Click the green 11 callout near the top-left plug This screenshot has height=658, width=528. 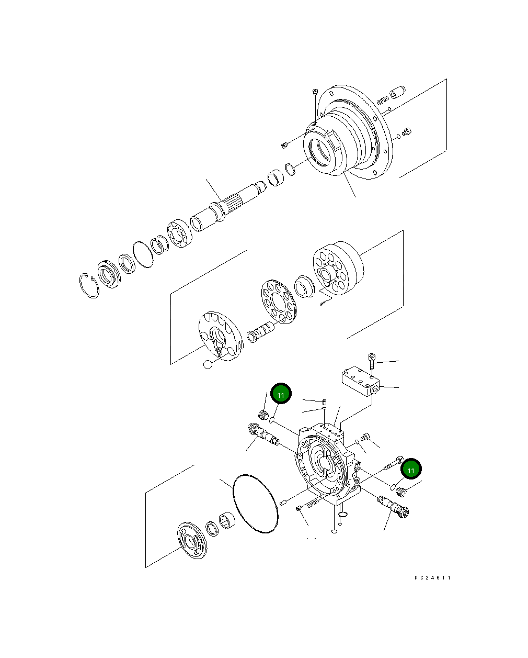pyautogui.click(x=281, y=394)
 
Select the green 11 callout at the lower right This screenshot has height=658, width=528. pyautogui.click(x=411, y=470)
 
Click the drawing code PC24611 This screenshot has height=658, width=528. pyautogui.click(x=432, y=578)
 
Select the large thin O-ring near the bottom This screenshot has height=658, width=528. pyautogui.click(x=255, y=504)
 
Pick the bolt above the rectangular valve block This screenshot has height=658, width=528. pyautogui.click(x=371, y=361)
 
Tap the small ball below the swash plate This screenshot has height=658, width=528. pyautogui.click(x=208, y=364)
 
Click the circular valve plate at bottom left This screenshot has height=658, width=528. pyautogui.click(x=192, y=542)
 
